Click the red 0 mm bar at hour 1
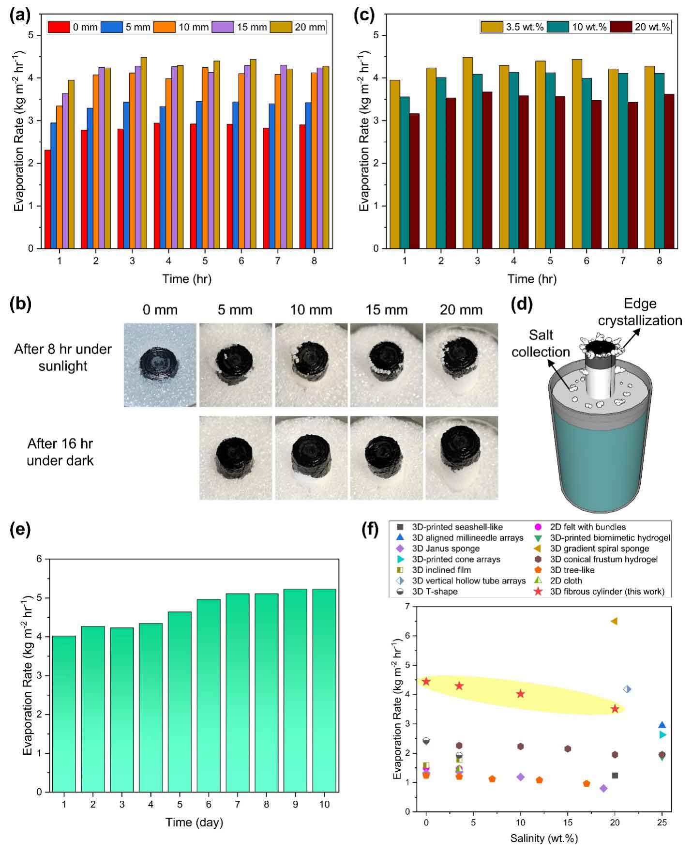pyautogui.click(x=48, y=199)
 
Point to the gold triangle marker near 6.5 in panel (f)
pyautogui.click(x=614, y=621)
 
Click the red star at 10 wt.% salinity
pyautogui.click(x=520, y=694)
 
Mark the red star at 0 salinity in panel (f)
pyautogui.click(x=426, y=681)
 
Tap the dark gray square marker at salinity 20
pyautogui.click(x=615, y=776)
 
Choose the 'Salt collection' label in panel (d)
pyautogui.click(x=541, y=343)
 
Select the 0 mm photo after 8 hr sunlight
pyautogui.click(x=160, y=365)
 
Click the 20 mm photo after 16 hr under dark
pyautogui.click(x=461, y=457)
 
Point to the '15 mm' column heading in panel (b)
pyautogui.click(x=387, y=310)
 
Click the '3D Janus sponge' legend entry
pyautogui.click(x=446, y=549)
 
